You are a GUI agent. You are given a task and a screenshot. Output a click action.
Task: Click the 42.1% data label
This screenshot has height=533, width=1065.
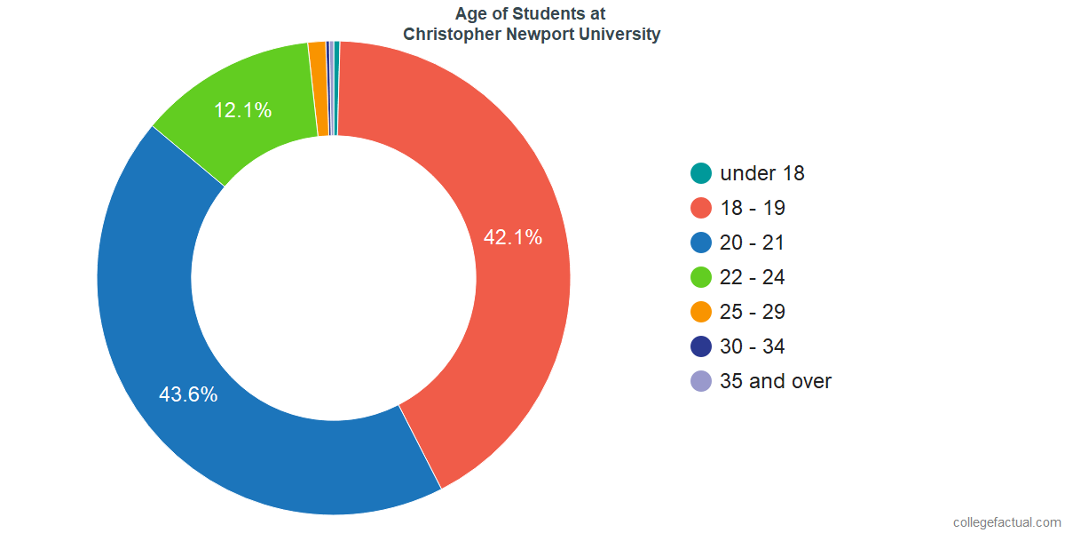(x=512, y=238)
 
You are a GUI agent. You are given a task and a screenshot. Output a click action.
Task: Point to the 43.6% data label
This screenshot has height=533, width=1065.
(x=188, y=394)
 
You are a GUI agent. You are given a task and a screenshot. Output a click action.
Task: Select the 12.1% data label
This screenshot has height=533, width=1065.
(x=242, y=111)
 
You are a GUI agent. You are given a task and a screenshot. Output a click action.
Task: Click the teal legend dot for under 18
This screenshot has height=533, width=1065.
(x=701, y=173)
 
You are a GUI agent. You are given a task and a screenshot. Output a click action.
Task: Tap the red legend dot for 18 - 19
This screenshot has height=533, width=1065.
(x=701, y=208)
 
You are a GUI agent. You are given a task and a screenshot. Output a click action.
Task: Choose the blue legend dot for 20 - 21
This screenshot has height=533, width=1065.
(x=701, y=243)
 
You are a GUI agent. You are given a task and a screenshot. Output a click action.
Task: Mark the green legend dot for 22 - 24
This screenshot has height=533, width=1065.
(x=701, y=277)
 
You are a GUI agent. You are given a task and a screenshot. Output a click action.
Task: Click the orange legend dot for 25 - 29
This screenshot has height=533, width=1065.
(x=701, y=312)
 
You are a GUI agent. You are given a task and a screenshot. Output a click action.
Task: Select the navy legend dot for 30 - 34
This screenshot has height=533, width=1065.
(x=701, y=346)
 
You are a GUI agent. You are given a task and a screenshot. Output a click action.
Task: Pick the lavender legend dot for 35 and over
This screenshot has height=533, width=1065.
(x=701, y=381)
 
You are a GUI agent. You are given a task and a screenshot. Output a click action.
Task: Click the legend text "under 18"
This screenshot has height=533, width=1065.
(x=761, y=173)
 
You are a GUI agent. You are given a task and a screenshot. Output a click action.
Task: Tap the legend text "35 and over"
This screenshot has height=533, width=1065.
(x=776, y=381)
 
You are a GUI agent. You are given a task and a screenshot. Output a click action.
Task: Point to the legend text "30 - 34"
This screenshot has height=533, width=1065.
(x=753, y=346)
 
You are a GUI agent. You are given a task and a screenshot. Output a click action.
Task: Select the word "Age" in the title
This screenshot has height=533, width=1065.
(x=470, y=14)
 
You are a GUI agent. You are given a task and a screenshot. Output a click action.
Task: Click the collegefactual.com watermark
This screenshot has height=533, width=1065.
(x=1006, y=522)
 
